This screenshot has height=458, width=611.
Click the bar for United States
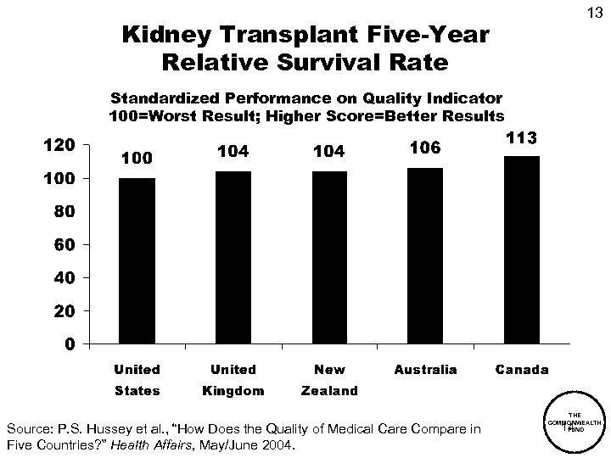(x=137, y=260)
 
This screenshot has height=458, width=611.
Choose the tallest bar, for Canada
(x=521, y=249)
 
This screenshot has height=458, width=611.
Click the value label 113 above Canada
(x=521, y=137)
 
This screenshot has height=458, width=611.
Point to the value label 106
(x=425, y=148)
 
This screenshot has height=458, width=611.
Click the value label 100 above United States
(x=137, y=159)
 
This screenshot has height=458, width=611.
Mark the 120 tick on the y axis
(x=60, y=145)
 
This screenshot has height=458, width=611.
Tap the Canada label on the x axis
(x=521, y=370)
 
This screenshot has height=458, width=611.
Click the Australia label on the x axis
(x=425, y=370)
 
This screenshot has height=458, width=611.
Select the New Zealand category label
(x=329, y=380)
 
